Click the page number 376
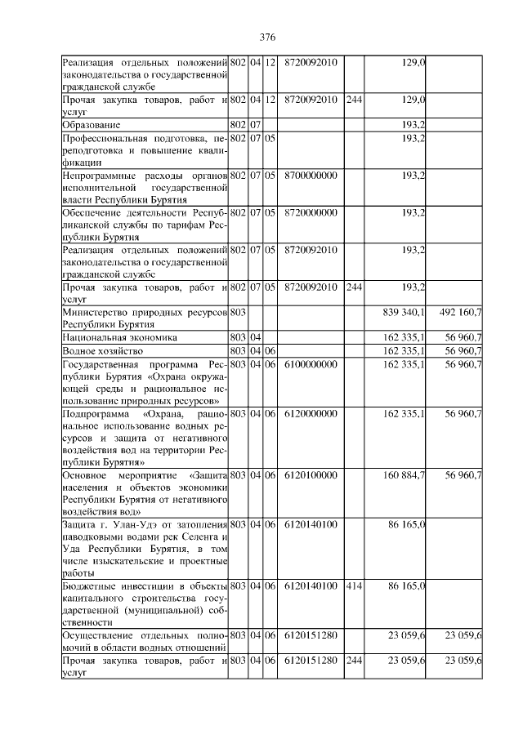267,38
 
